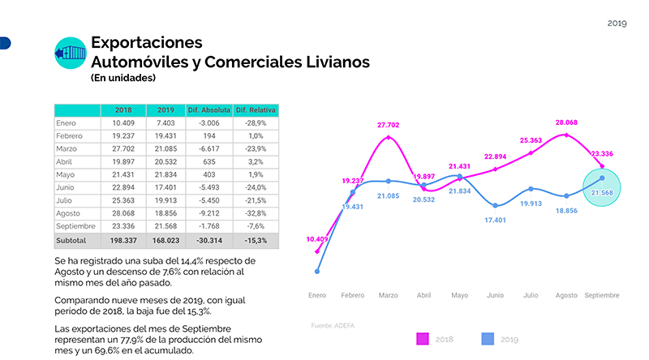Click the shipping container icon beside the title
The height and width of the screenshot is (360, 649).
(x=69, y=54)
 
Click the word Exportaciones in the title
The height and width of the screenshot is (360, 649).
(x=146, y=42)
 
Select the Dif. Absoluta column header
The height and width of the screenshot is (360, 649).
(x=209, y=109)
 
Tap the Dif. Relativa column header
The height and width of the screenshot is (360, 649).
(x=256, y=109)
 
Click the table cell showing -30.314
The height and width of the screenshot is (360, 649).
(x=209, y=241)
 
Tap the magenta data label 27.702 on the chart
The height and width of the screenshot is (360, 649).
(x=389, y=126)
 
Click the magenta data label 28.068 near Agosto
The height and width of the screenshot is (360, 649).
(x=565, y=123)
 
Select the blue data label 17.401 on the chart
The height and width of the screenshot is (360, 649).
(x=495, y=220)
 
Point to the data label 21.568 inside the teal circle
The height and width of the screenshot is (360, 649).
(x=601, y=192)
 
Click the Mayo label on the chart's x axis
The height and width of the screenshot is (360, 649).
(x=459, y=295)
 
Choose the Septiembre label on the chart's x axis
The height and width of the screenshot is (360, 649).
(x=602, y=295)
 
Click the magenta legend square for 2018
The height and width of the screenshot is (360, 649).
(x=423, y=339)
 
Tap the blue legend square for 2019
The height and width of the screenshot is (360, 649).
(x=488, y=339)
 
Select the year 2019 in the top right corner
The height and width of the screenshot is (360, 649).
(x=617, y=24)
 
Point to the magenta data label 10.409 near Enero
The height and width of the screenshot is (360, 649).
(x=318, y=239)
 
